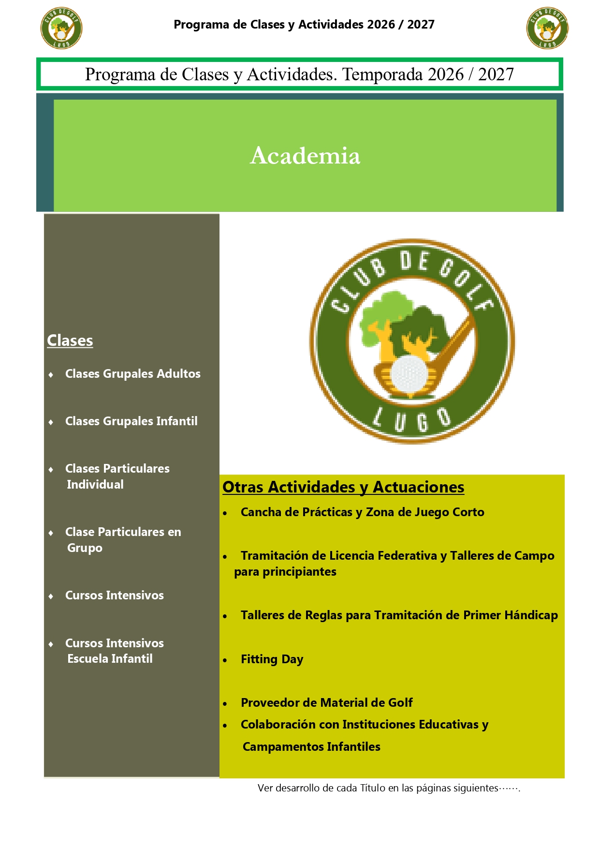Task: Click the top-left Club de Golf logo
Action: (x=61, y=28)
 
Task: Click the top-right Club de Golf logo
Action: (x=547, y=28)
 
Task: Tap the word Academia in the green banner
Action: (x=305, y=155)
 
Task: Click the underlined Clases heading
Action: (x=70, y=341)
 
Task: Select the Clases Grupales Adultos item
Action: (x=133, y=374)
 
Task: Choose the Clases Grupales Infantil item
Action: (x=132, y=421)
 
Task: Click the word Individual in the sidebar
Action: (x=95, y=485)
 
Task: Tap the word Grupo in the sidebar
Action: (x=85, y=548)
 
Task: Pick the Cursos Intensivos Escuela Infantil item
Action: (x=115, y=651)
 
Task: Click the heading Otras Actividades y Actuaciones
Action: (x=343, y=487)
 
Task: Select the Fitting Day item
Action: (x=272, y=659)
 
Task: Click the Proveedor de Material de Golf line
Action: (x=327, y=702)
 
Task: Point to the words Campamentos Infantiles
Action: (x=311, y=747)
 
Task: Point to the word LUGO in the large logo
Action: (x=413, y=419)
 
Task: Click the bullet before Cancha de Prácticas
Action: (x=225, y=513)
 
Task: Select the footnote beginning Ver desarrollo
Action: (x=389, y=788)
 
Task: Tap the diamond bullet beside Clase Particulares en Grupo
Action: (x=51, y=533)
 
